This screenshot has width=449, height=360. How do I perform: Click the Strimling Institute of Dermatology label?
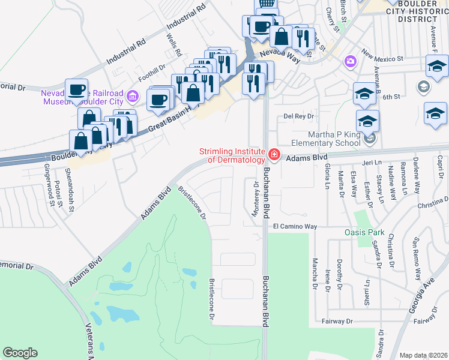pyautogui.click(x=232, y=155)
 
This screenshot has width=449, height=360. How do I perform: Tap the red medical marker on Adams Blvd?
pyautogui.click(x=274, y=155)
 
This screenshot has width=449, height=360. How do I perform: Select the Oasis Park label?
pyautogui.click(x=364, y=232)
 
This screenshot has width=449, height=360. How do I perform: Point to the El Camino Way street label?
pyautogui.click(x=295, y=226)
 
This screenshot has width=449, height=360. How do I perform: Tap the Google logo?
pyautogui.click(x=20, y=353)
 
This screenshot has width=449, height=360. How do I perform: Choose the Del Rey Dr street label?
pyautogui.click(x=299, y=116)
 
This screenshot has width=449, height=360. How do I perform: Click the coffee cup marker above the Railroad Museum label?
pyautogui.click(x=77, y=89)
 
